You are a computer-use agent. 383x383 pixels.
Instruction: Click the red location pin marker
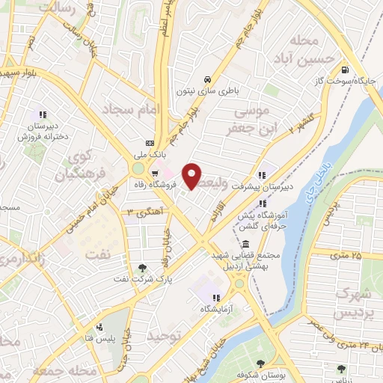pyautogui.click(x=193, y=176)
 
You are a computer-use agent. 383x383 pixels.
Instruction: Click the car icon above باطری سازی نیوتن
pyautogui.click(x=207, y=79)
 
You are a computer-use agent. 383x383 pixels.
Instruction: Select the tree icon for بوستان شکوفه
pyautogui.click(x=261, y=364)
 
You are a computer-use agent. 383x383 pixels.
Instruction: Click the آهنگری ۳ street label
pyautogui.click(x=144, y=212)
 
